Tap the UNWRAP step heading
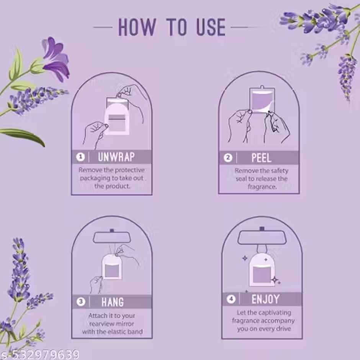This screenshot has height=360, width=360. (116, 157)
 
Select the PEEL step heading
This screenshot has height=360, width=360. (262, 157)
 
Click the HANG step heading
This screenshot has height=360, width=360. (113, 302)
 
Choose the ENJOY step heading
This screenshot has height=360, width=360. (265, 299)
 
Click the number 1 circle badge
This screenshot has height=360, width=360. (81, 157)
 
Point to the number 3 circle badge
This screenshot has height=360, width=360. (81, 302)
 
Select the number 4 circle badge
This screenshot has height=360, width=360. (231, 299)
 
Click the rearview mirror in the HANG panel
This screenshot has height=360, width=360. (112, 237)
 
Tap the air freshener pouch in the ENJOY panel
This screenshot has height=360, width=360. (262, 270)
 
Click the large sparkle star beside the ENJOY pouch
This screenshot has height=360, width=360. (275, 280)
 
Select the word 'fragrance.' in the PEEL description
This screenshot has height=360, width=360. (262, 187)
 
